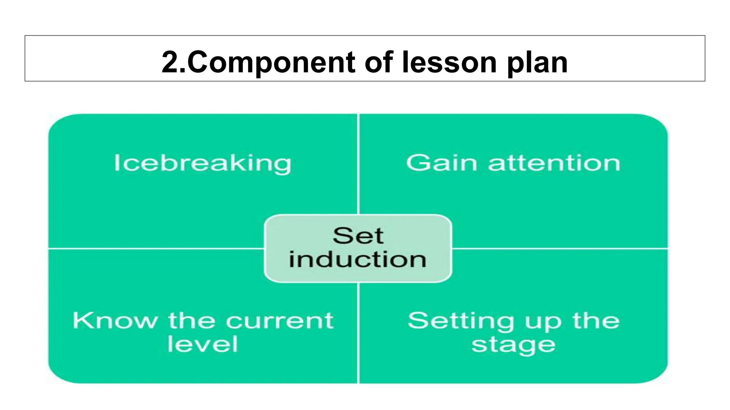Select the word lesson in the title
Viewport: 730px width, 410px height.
[449, 62]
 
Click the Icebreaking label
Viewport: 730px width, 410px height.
[202, 163]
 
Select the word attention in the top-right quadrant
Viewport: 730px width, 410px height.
[554, 163]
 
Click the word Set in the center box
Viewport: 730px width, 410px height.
[358, 236]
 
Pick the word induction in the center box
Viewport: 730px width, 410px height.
[358, 259]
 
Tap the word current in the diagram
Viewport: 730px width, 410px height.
[280, 321]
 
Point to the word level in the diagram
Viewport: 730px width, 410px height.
[202, 344]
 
